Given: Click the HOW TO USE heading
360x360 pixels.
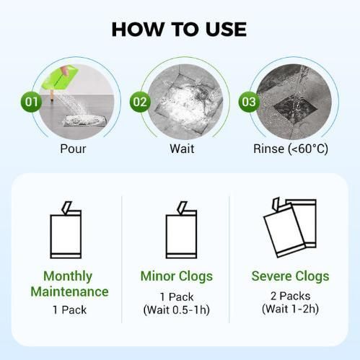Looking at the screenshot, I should click(180, 29).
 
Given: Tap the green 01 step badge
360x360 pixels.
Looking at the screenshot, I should click(31, 102).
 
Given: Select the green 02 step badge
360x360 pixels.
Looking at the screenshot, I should click(139, 102).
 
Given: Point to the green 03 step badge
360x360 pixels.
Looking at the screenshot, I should click(249, 102).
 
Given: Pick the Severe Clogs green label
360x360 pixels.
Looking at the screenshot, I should click(290, 276).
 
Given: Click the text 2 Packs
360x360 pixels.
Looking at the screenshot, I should click(290, 296).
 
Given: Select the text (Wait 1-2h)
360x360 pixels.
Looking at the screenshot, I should click(290, 309).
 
